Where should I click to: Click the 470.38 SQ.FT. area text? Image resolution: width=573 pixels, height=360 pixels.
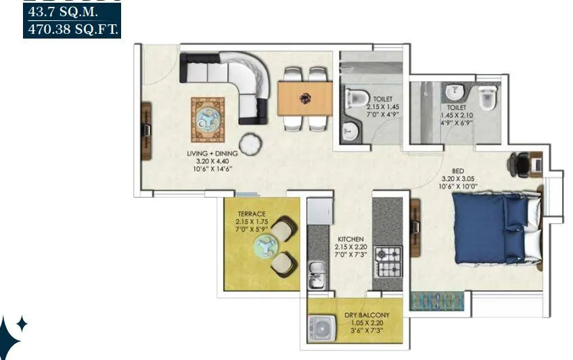pos(72,29)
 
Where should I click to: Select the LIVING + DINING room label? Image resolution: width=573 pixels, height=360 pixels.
pos(212,154)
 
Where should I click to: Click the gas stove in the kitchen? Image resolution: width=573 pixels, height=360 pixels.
pos(389,264)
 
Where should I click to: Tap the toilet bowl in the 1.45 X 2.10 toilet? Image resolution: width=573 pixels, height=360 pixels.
pos(487,99)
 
